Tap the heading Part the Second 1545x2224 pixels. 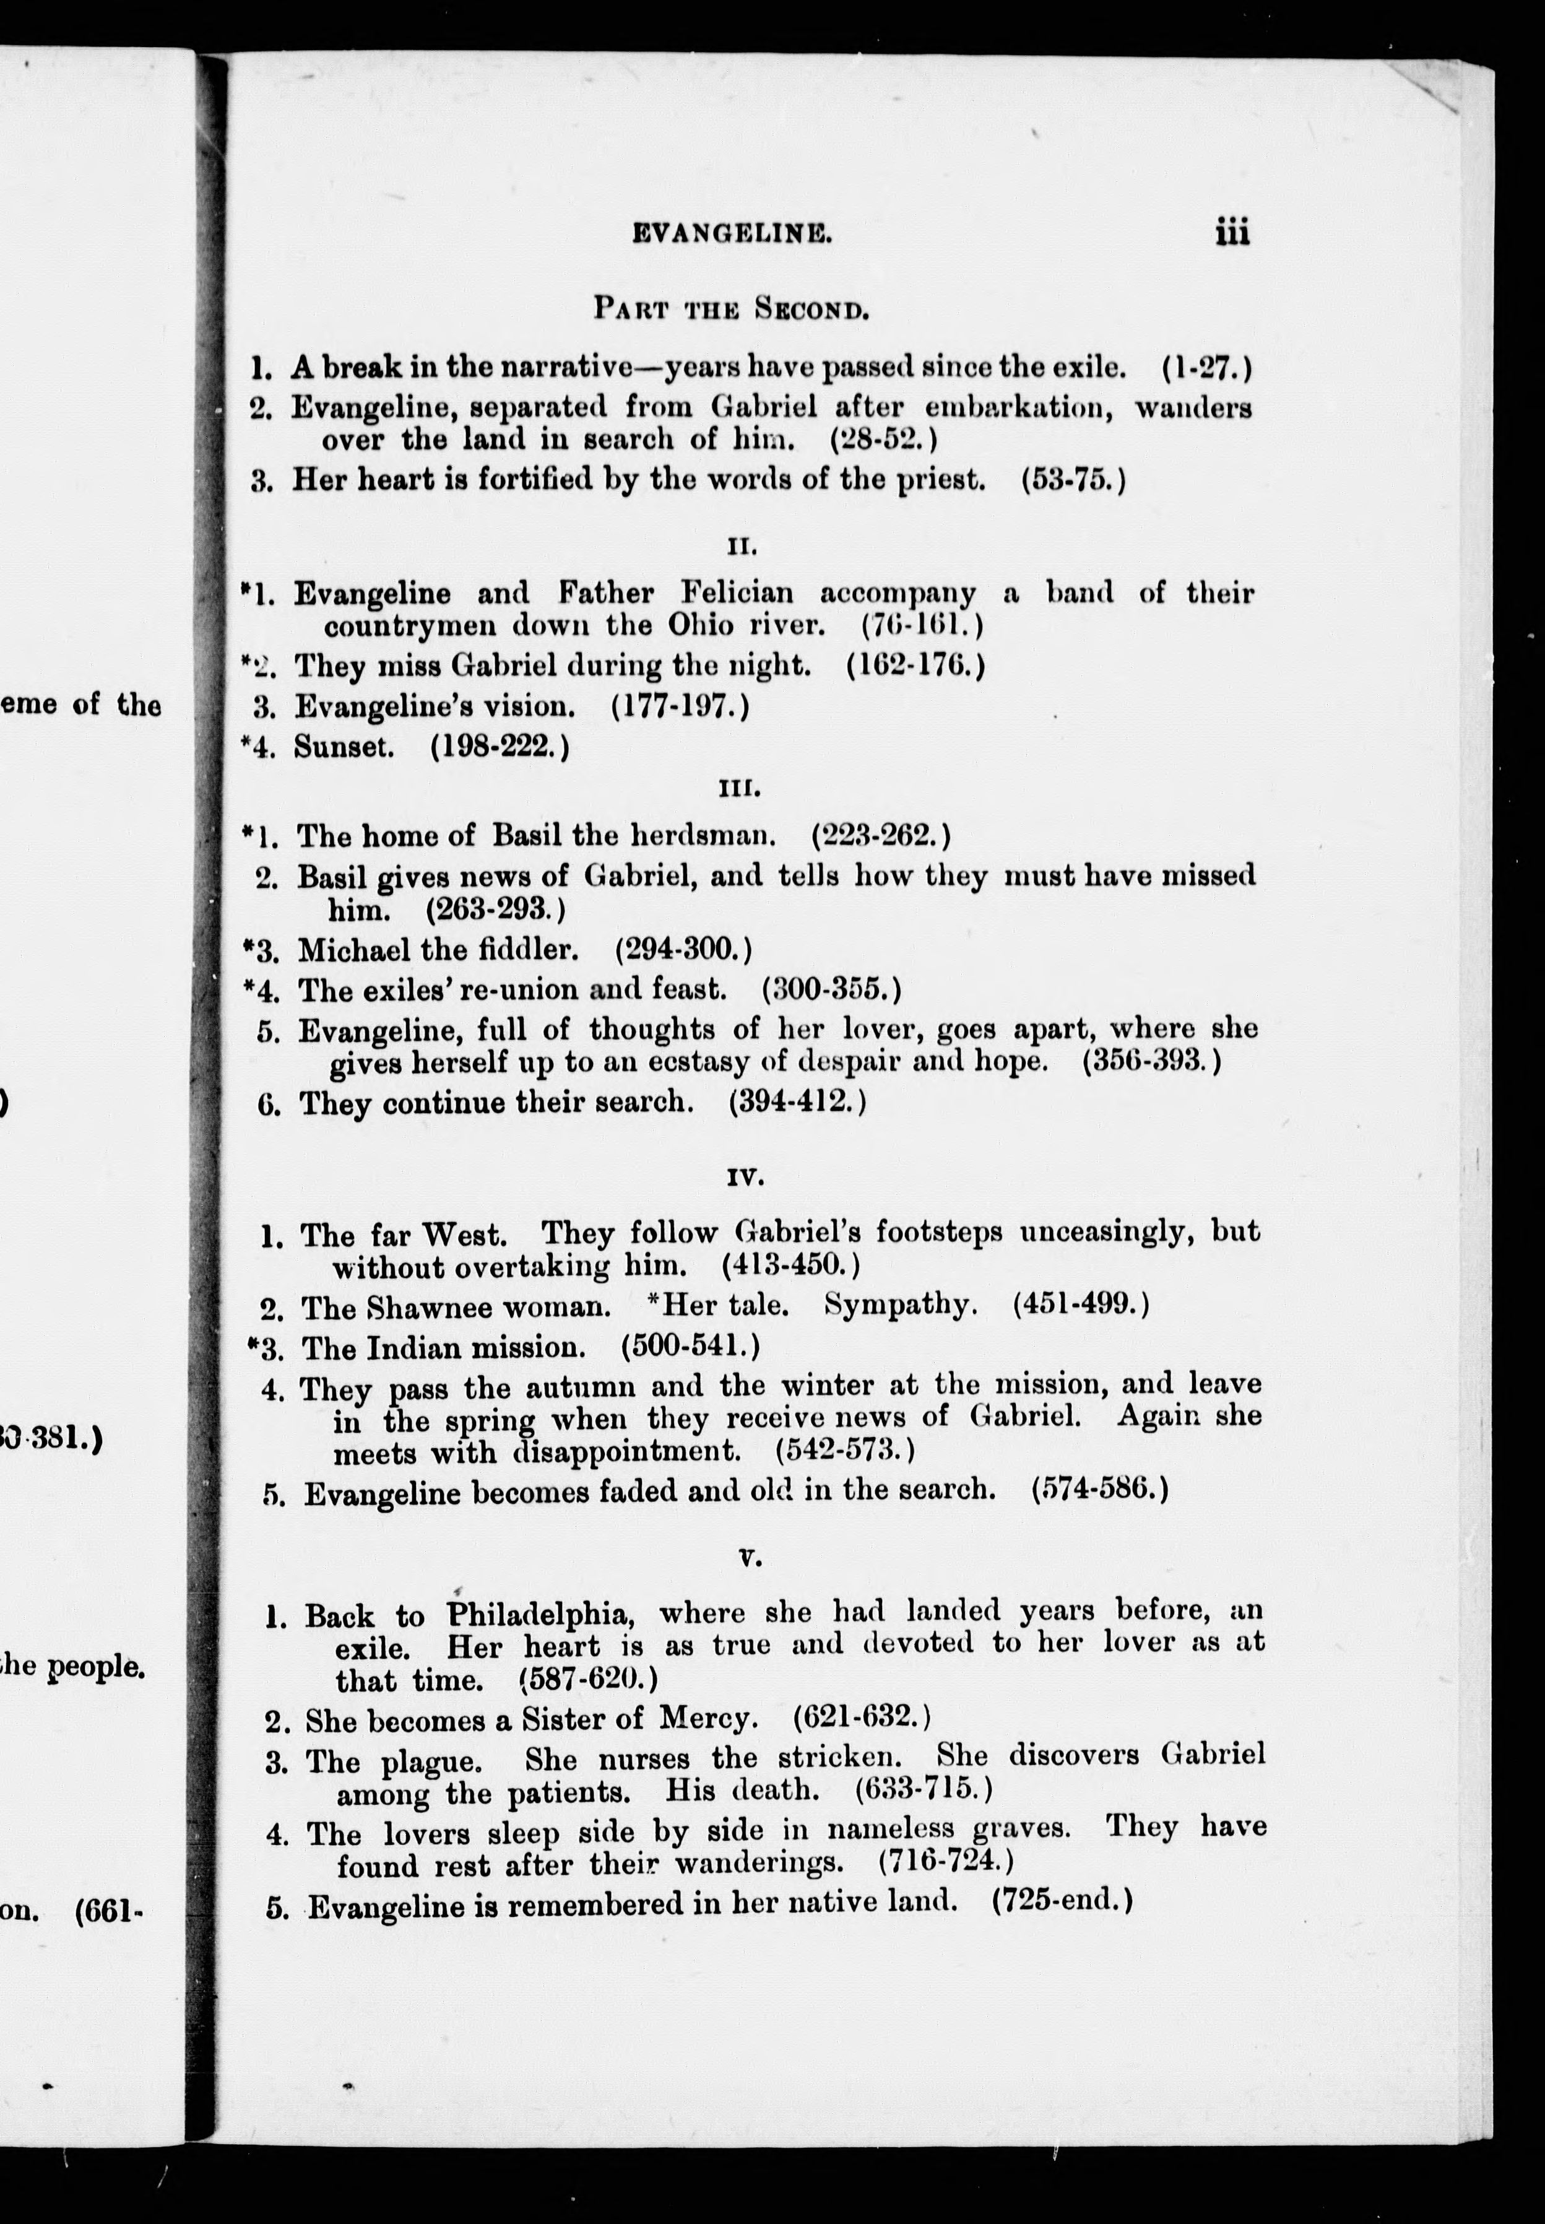point(731,310)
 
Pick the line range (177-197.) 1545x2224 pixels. point(680,706)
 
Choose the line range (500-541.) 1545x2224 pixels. point(690,1347)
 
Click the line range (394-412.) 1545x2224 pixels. point(797,1102)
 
